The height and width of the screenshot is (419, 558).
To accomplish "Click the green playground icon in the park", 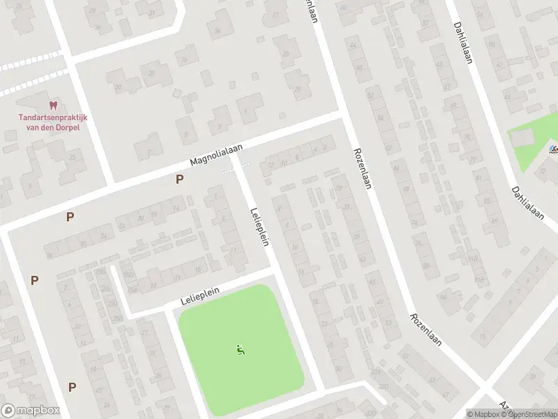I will coord(241,350).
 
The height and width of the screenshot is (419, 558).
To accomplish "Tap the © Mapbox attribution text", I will coord(483,414).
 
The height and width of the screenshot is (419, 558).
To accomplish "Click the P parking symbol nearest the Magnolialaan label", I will coord(180,179).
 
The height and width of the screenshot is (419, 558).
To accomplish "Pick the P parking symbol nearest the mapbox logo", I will coord(72,386).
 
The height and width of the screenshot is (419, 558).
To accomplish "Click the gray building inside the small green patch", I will coord(521,138).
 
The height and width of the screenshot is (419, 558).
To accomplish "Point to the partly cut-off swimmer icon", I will coord(553,149).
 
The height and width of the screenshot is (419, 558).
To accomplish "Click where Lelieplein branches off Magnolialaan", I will coord(237,160).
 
